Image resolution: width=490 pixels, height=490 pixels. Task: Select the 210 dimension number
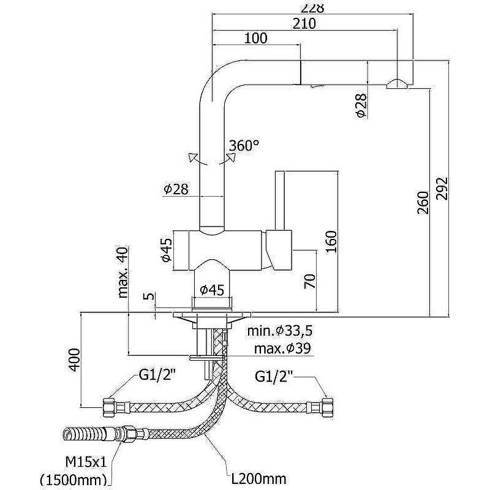coord(304,24)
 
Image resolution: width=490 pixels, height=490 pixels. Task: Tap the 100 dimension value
coord(255,39)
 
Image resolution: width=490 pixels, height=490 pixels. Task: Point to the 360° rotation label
coord(244,146)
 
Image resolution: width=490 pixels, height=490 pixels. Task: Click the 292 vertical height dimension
coord(443,188)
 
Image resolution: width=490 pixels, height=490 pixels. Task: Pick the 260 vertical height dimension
coord(423,203)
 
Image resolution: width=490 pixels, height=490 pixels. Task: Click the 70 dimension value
coord(310,281)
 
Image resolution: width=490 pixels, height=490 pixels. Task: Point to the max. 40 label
coord(124,272)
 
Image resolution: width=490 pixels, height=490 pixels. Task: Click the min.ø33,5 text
coord(281,331)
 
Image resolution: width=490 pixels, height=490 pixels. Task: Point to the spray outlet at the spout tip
coord(398,85)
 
